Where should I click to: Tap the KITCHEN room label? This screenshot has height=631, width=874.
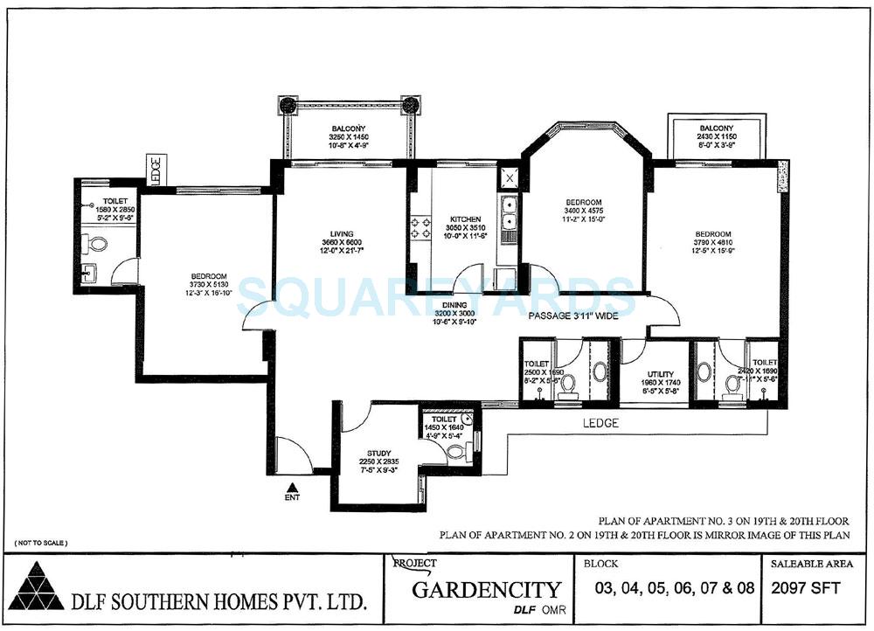click(466, 219)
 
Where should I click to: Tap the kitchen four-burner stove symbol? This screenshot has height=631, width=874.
click(420, 228)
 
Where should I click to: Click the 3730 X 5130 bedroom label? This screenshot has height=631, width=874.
click(208, 284)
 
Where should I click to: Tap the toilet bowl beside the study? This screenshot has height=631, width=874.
click(454, 450)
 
